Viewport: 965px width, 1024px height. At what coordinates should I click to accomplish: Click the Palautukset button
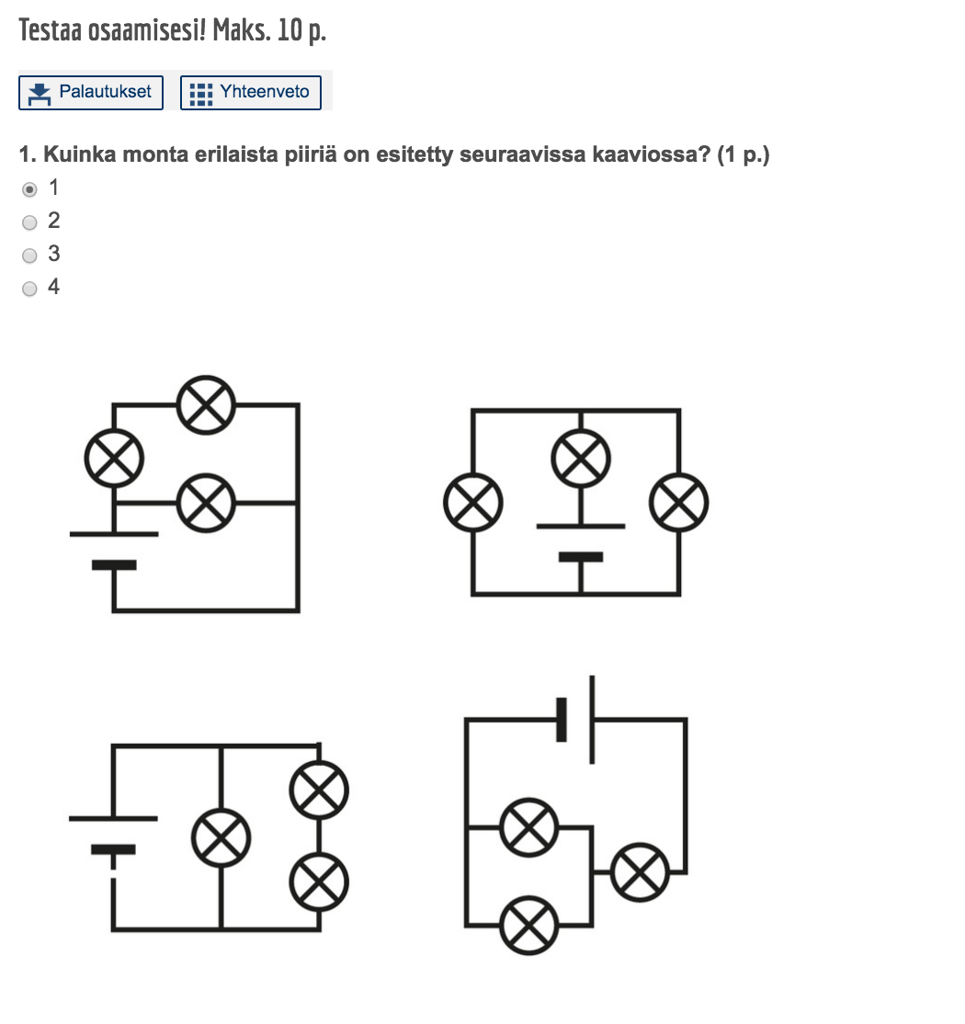point(91,93)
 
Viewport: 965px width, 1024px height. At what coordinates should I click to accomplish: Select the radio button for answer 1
point(30,189)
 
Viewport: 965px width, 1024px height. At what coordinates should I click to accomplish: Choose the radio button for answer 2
point(30,222)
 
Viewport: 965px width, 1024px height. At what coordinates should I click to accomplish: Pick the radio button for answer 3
point(30,256)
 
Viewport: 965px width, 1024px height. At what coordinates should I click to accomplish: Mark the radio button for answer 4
point(30,289)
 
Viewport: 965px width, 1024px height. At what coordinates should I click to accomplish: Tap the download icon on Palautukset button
point(40,93)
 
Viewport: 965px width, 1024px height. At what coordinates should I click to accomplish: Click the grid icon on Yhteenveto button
point(200,93)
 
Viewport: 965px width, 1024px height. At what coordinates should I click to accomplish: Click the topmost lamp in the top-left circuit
point(206,404)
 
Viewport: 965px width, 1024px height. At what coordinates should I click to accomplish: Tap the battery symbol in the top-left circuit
point(114,549)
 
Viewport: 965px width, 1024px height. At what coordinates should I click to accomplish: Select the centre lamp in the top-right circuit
point(581,458)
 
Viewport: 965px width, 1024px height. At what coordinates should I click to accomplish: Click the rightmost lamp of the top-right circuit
point(679,503)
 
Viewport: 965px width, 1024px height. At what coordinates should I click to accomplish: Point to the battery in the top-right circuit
point(581,542)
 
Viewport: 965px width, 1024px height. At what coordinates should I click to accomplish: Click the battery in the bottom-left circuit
point(114,834)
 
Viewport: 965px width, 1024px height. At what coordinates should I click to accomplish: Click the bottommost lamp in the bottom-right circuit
point(529,925)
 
